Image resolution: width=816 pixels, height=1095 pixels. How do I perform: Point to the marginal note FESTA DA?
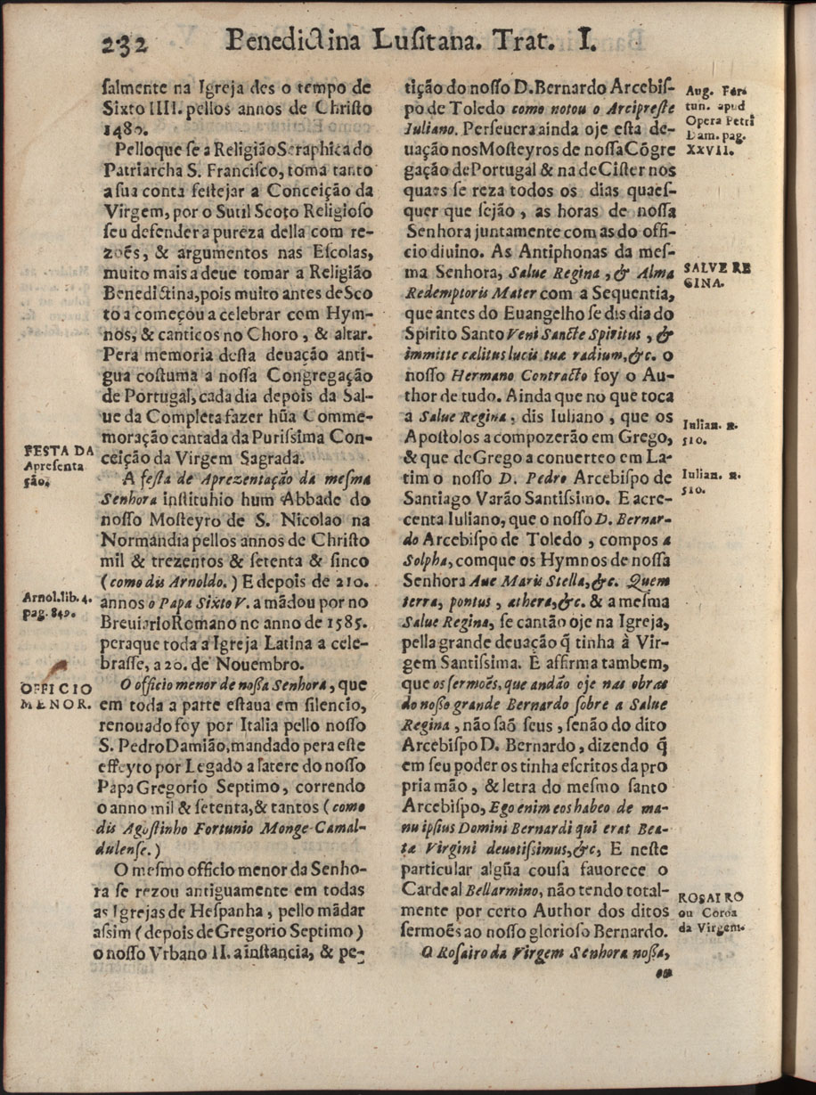coord(58,451)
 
